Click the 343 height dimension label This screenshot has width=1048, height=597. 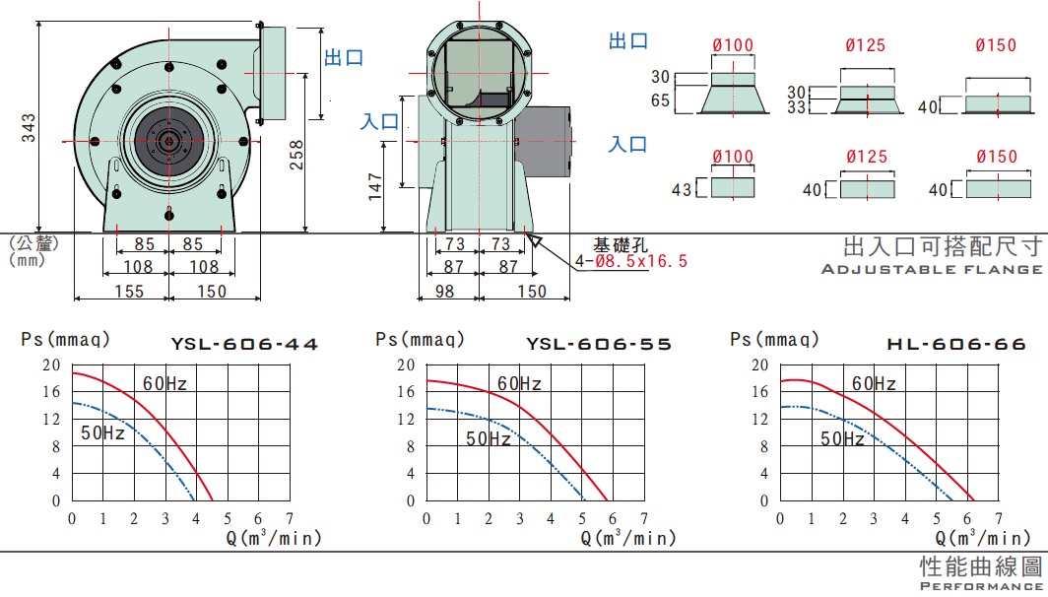tap(28, 128)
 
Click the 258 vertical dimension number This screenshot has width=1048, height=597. tap(296, 155)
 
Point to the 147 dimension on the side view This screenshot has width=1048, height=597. tap(375, 186)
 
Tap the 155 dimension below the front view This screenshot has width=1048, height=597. tap(129, 292)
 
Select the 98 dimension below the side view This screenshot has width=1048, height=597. tap(444, 292)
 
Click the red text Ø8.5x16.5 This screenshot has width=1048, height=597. tap(641, 261)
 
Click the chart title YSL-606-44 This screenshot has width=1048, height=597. tap(244, 344)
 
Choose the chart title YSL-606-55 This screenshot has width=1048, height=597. tap(599, 344)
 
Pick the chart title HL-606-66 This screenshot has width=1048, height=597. tap(955, 344)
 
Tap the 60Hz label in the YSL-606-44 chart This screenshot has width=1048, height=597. tap(164, 384)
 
